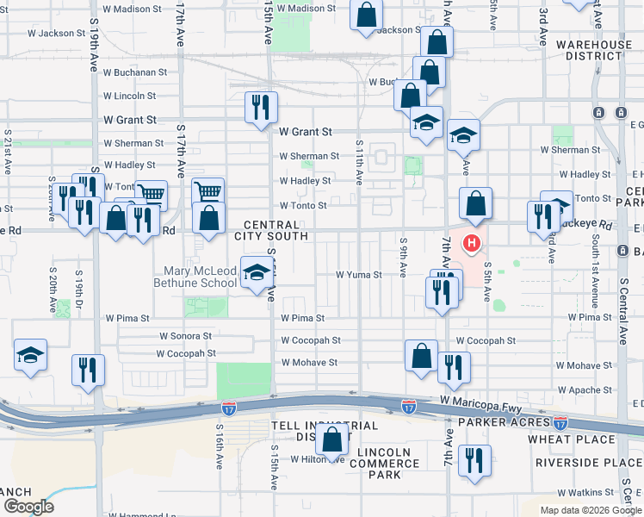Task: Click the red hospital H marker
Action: [472, 243]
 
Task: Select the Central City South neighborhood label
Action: [276, 230]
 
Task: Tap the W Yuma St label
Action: [358, 276]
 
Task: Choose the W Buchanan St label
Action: [133, 72]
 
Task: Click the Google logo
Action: [29, 507]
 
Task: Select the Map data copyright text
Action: [591, 510]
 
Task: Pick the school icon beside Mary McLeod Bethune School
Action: [255, 272]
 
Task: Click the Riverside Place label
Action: [588, 463]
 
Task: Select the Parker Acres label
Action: [504, 422]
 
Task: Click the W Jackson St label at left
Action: [56, 34]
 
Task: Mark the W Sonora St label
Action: [185, 336]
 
